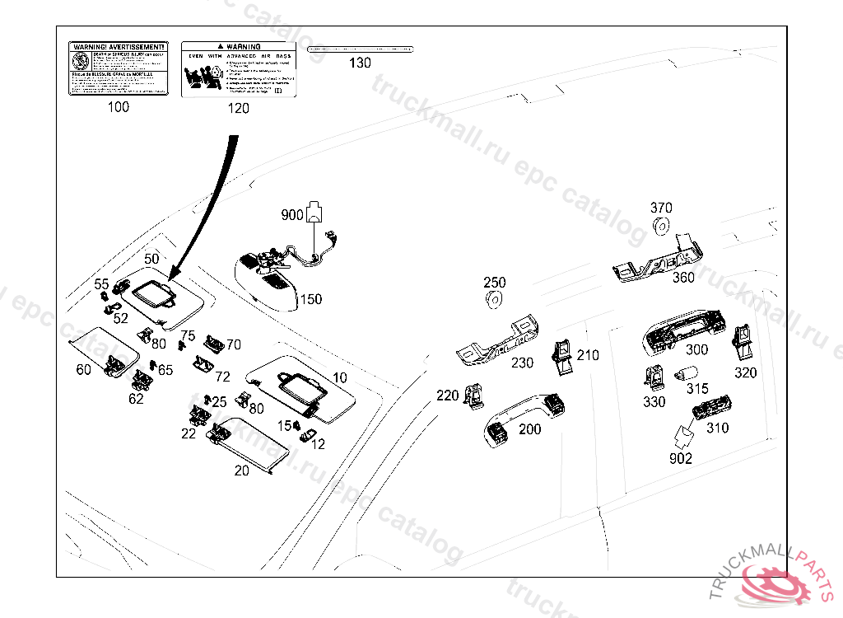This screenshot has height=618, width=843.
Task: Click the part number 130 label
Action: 360,63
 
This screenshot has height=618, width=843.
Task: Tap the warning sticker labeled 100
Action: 118,68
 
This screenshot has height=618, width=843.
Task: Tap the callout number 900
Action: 292,215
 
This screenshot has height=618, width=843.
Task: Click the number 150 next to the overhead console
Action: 310,299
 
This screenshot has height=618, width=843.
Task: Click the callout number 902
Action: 681,458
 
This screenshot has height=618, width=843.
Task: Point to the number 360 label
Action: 683,278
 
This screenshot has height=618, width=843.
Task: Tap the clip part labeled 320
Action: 743,340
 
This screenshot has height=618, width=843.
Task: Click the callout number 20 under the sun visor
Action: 241,471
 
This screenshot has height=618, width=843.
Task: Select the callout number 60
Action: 83,370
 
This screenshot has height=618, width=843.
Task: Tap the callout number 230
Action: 522,363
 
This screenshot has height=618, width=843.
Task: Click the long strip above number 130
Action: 359,49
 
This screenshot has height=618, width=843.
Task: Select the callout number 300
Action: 696,350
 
